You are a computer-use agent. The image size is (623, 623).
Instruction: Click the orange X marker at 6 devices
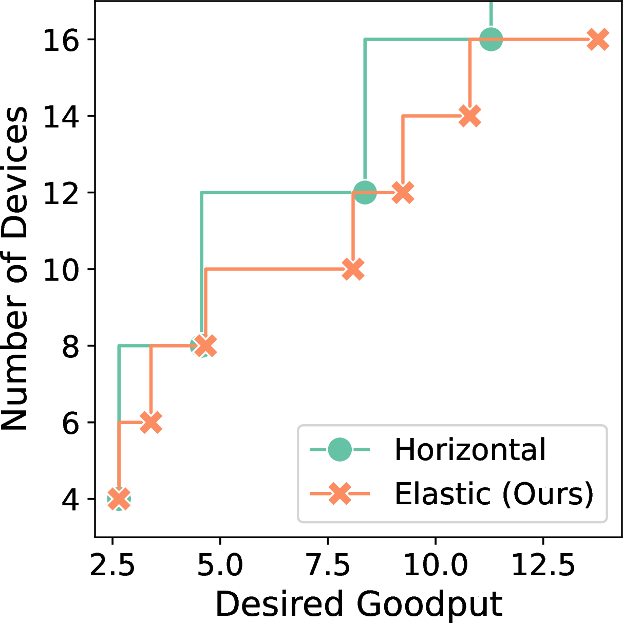click(x=150, y=422)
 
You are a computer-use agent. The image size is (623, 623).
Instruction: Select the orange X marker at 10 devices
click(x=353, y=269)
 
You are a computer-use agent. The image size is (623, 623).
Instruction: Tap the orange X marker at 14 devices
click(x=470, y=116)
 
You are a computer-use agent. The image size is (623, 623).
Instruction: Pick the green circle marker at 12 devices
click(x=365, y=193)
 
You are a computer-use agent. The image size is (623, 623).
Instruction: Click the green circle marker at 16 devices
click(x=491, y=40)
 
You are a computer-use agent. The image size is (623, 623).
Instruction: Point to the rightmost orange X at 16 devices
click(x=598, y=40)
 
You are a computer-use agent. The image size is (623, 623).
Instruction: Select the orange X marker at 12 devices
click(x=403, y=193)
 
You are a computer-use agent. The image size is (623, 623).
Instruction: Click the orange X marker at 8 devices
click(x=206, y=345)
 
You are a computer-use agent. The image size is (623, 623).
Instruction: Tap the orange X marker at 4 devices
click(x=119, y=499)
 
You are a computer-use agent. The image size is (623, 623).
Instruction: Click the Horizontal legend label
click(x=470, y=450)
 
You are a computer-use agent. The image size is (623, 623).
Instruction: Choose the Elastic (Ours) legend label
click(x=494, y=494)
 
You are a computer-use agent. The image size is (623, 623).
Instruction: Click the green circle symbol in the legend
click(x=339, y=450)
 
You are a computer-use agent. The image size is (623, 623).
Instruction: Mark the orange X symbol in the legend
click(x=339, y=494)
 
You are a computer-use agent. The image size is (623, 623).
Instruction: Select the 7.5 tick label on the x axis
click(x=328, y=566)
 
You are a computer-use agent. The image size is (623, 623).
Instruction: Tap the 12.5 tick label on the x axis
click(x=543, y=566)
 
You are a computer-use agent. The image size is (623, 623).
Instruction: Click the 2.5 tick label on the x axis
click(x=112, y=566)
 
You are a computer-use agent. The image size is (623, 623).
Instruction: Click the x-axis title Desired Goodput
click(x=358, y=603)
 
